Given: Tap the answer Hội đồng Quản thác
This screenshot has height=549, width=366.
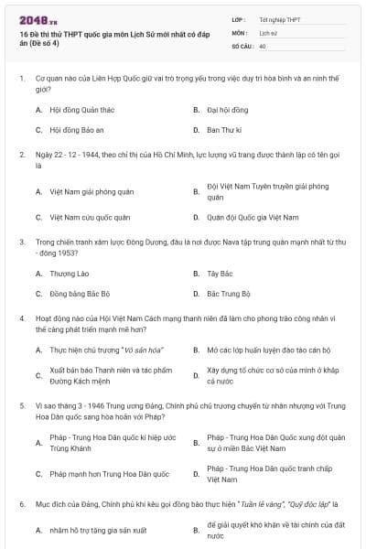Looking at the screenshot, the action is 83,109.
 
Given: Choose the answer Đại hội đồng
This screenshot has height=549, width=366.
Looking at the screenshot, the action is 226,109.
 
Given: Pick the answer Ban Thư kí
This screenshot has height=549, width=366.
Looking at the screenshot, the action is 222,130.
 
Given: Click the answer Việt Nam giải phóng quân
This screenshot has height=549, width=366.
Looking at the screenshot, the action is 91,191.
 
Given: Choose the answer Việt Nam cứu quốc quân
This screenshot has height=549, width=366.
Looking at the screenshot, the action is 90,218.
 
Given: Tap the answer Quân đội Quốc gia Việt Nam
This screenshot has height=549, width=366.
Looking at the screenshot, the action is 253,218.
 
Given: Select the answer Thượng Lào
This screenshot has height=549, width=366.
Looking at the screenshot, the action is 70,274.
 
